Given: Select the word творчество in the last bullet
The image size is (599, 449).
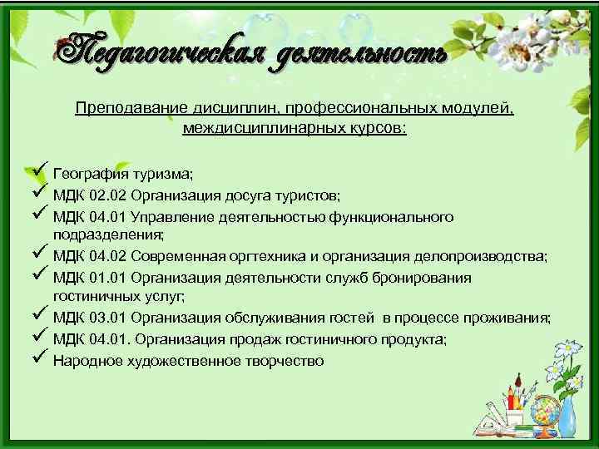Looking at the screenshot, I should point(285,361).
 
